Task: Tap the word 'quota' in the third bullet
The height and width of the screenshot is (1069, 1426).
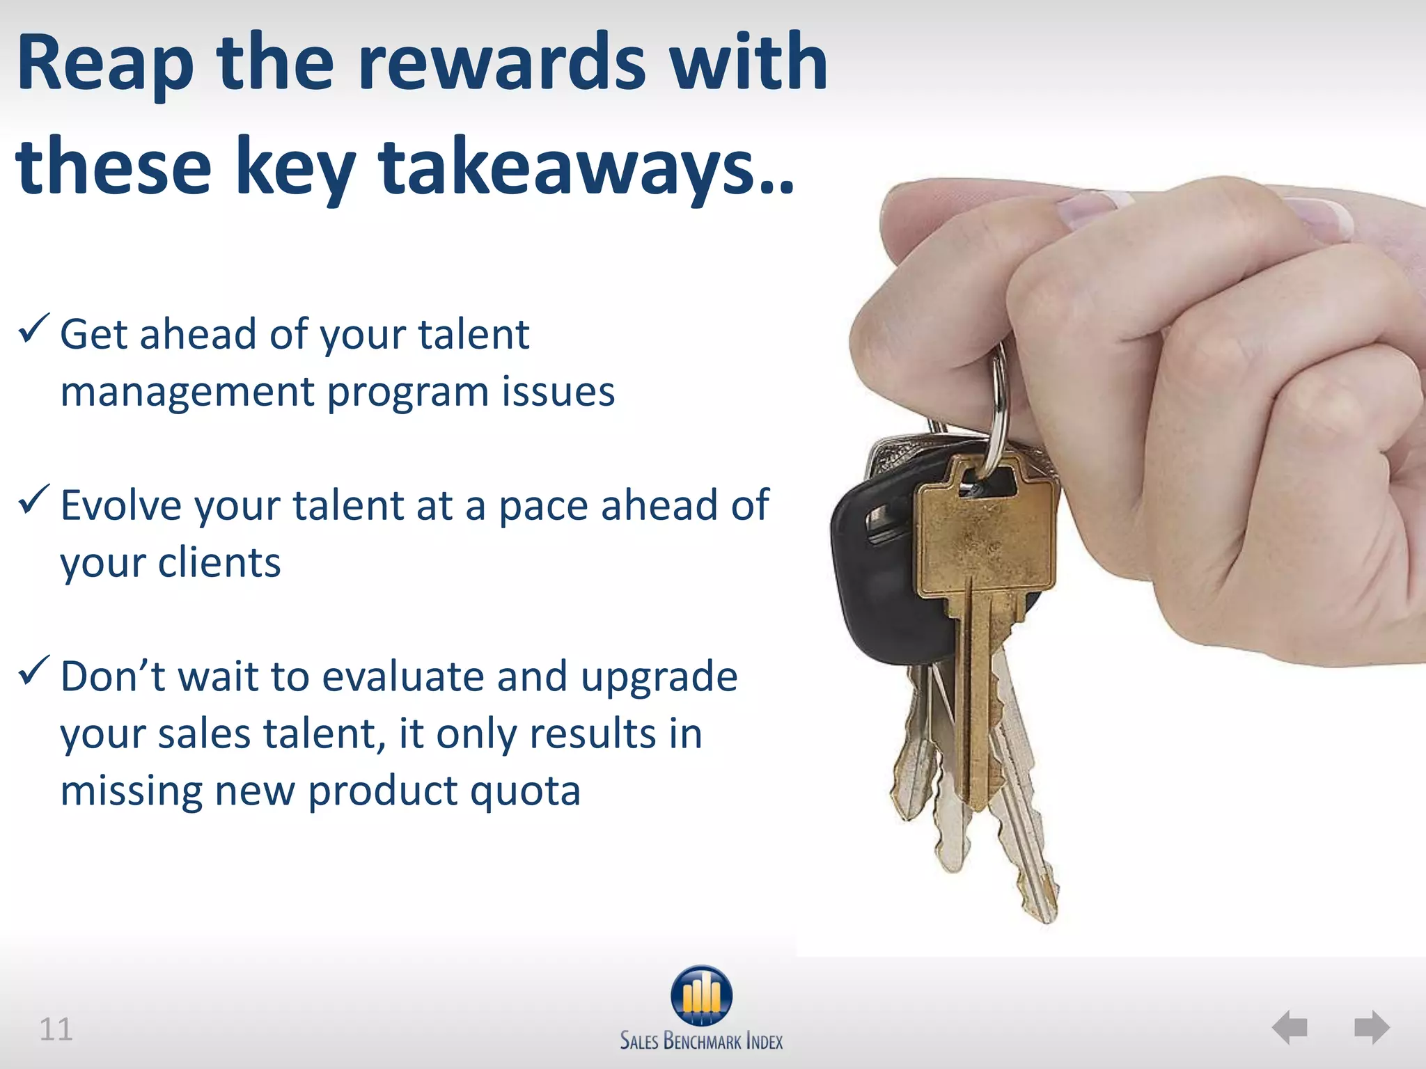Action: (524, 791)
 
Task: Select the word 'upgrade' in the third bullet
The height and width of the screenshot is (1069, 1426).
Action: (659, 677)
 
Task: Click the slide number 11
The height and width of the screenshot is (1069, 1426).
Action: (56, 1029)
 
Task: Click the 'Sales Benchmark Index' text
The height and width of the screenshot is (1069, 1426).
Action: (701, 1041)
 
